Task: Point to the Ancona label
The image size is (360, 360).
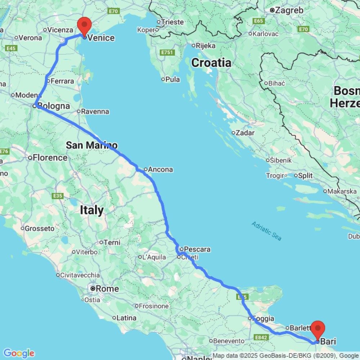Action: coord(161,170)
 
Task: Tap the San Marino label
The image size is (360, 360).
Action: coord(91,145)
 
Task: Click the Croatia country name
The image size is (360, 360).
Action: coord(211,63)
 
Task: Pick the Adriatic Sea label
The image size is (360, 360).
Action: coord(266,231)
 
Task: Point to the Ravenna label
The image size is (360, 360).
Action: coord(95,112)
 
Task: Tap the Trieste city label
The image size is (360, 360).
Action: coord(172,22)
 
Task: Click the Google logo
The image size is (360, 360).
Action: coord(18,353)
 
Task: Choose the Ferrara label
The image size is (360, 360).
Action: coord(62,81)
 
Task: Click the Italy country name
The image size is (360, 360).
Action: coord(92,210)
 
